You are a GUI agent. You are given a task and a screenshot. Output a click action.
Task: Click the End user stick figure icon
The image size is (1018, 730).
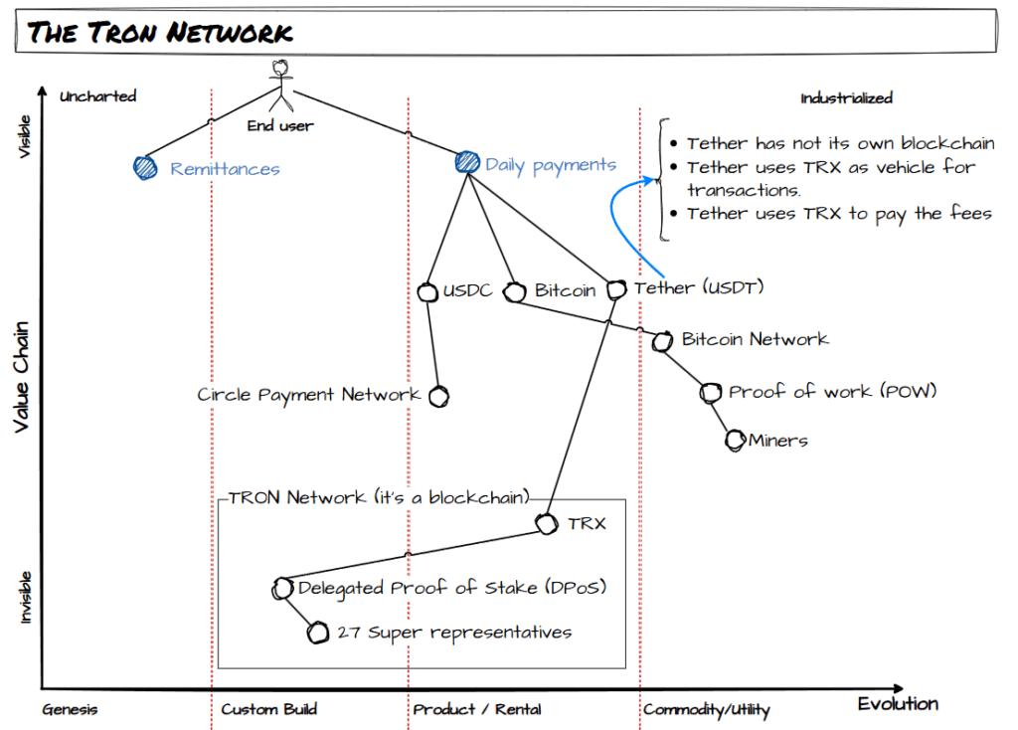(x=282, y=86)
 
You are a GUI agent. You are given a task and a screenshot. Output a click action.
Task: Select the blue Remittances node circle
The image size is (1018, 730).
(x=146, y=168)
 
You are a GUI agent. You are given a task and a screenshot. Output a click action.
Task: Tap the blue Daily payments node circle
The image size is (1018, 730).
(x=466, y=163)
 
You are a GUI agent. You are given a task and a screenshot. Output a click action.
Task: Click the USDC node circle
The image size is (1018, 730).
(x=427, y=292)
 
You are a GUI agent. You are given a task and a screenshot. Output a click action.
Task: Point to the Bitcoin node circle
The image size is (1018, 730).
(x=514, y=292)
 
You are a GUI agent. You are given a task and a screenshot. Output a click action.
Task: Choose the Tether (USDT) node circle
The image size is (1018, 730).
(x=616, y=290)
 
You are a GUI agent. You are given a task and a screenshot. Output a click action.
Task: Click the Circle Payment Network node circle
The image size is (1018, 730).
(x=437, y=396)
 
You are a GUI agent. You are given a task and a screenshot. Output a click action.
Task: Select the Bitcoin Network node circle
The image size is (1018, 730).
(x=662, y=342)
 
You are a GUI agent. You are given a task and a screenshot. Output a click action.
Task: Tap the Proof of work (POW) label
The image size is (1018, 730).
(x=832, y=392)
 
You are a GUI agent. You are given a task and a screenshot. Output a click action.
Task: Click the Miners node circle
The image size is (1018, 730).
(x=735, y=440)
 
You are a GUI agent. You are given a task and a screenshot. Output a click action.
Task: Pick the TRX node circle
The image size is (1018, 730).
(x=546, y=524)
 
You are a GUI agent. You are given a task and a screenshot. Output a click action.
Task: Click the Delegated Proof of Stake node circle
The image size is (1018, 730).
(x=282, y=589)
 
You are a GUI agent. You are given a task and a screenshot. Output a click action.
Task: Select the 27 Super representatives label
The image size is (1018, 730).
(x=454, y=633)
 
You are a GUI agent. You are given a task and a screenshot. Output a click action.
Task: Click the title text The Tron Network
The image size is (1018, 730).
(x=160, y=33)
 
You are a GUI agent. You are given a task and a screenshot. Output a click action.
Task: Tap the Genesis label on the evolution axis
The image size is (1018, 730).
(x=70, y=709)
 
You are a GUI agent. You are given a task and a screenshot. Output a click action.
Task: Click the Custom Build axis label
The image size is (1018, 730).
(x=268, y=709)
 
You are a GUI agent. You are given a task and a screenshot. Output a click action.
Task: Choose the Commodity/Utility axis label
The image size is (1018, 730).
(x=706, y=709)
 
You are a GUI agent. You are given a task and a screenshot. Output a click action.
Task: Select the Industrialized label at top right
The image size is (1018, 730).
(x=846, y=97)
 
